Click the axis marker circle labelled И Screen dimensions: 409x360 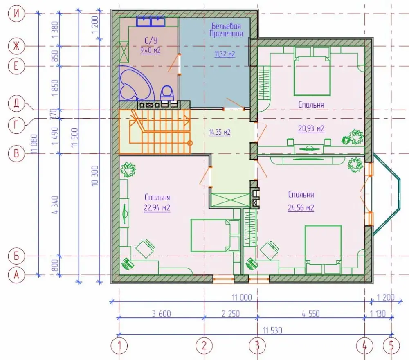pyautogui.click(x=16, y=13)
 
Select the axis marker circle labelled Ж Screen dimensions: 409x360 pyautogui.click(x=16, y=46)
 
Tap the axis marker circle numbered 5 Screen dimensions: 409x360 pyautogui.click(x=391, y=346)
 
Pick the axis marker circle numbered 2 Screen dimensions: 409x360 pyautogui.click(x=204, y=346)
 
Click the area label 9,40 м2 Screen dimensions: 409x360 pyautogui.click(x=150, y=50)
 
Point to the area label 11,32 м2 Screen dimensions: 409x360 pyautogui.click(x=225, y=54)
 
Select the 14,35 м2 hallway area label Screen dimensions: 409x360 pyautogui.click(x=220, y=132)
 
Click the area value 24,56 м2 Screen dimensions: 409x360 pyautogui.click(x=301, y=208)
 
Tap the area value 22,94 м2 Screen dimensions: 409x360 pyautogui.click(x=157, y=208)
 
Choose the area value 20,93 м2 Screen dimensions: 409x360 pyautogui.click(x=311, y=128)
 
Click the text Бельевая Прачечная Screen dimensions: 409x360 pyautogui.click(x=226, y=30)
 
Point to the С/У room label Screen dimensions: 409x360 pyautogui.click(x=151, y=40)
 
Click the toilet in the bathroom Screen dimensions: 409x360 pyautogui.click(x=167, y=93)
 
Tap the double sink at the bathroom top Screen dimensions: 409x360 pyautogui.click(x=151, y=21)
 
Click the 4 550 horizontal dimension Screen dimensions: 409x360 pyautogui.click(x=310, y=313)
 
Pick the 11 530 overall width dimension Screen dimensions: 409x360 pyautogui.click(x=272, y=331)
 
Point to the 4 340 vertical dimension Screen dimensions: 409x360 pyautogui.click(x=55, y=205)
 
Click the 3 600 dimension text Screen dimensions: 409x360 pyautogui.click(x=162, y=313)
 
